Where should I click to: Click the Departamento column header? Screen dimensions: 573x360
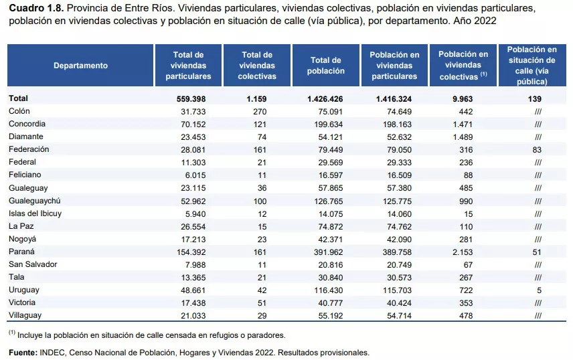[80, 66]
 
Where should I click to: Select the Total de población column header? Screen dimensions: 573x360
[325, 66]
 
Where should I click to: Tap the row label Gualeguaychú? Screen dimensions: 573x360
[35, 201]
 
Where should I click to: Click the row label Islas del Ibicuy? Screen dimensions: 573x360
[35, 213]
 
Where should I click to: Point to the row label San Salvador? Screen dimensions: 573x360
[33, 264]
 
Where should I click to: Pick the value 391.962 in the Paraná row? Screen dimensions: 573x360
[329, 252]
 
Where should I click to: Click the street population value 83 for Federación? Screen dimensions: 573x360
[537, 150]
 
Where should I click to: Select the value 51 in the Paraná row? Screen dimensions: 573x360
[537, 252]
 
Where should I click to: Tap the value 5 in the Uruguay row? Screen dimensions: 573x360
[539, 290]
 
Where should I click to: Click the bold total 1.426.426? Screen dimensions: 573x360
[325, 98]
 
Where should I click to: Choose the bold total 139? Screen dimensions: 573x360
[535, 98]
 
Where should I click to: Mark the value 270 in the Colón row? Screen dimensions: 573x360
[260, 112]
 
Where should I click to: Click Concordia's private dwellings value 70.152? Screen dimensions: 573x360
[193, 124]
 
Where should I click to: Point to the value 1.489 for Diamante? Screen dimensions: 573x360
[463, 137]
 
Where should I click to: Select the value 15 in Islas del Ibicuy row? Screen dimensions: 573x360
[468, 214]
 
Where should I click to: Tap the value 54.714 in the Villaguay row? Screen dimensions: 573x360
[399, 316]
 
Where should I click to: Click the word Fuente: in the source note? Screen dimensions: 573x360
[23, 353]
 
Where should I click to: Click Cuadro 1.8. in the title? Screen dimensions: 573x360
[37, 8]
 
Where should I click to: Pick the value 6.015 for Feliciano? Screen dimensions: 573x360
[195, 175]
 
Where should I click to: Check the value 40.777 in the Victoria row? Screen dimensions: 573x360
[331, 303]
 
